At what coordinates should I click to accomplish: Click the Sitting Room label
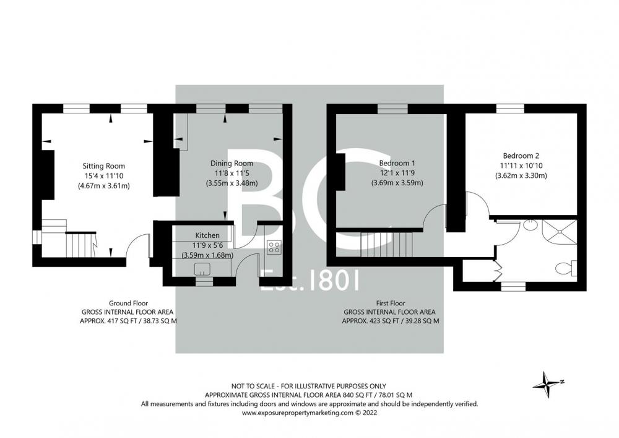coord(103,166)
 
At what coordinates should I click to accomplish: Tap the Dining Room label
coord(232,164)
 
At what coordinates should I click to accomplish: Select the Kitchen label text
coord(207,235)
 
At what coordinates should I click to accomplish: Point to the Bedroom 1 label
coord(397,163)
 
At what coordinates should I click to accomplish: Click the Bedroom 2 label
coord(521,156)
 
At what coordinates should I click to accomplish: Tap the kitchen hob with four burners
coord(274,247)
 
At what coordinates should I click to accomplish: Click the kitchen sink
coord(202,269)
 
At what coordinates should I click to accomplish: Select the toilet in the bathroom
coord(566,269)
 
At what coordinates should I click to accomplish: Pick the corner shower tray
coord(560,232)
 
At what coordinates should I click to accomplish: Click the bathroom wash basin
coord(530,225)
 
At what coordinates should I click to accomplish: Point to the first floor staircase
coord(386,244)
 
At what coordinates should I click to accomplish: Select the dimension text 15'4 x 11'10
coord(103,176)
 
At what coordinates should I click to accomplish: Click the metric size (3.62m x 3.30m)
coord(521,176)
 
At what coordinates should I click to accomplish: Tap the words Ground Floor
coord(128,304)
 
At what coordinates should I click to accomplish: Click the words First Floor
coord(391,304)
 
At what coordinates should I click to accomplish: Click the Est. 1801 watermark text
coord(310,280)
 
